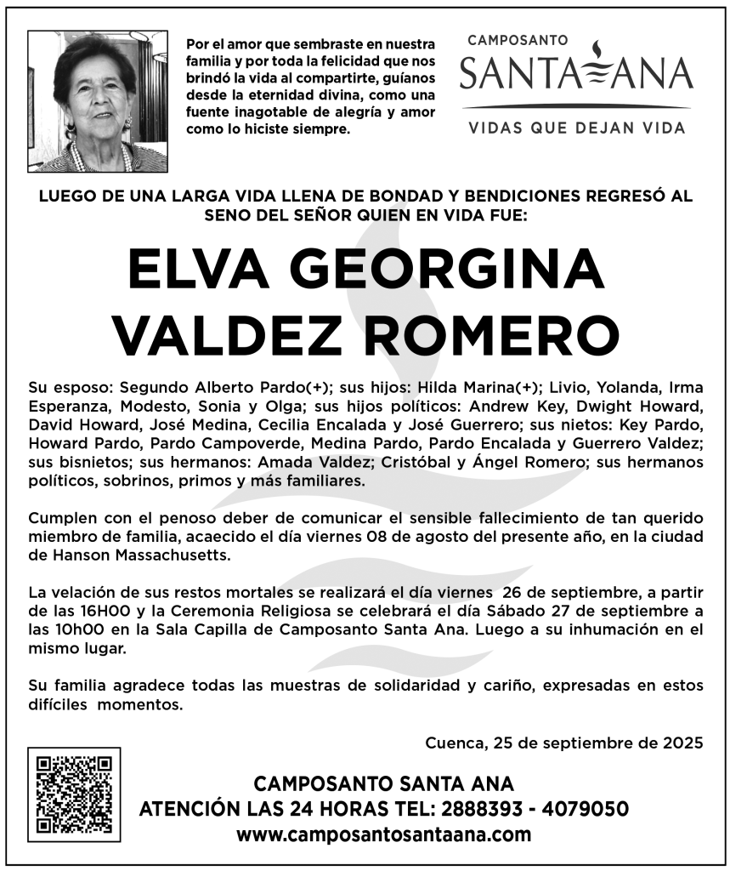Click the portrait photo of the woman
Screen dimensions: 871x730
98,102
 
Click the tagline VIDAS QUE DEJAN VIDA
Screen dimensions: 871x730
576,128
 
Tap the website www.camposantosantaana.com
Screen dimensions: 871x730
384,834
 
